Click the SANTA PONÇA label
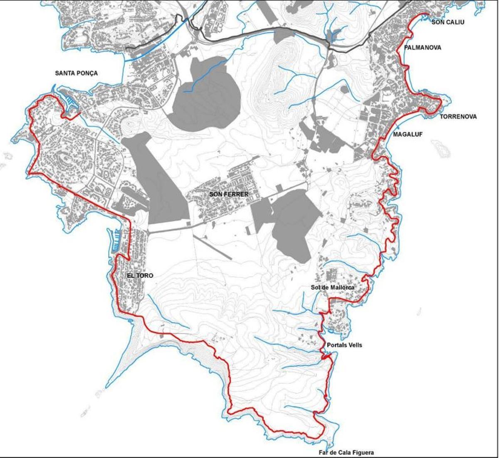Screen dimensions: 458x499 (77, 73)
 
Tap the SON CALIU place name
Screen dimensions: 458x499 (448, 22)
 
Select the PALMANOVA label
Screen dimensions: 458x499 (422, 48)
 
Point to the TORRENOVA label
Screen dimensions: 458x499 (458, 117)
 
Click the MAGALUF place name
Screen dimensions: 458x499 (408, 134)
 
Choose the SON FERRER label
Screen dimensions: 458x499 (229, 194)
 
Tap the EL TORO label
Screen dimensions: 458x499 (140, 275)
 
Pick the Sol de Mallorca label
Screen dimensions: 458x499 (332, 287)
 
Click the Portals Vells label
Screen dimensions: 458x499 (344, 345)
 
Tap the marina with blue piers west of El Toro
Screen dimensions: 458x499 (116, 241)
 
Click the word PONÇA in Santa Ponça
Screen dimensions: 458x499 (88, 73)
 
